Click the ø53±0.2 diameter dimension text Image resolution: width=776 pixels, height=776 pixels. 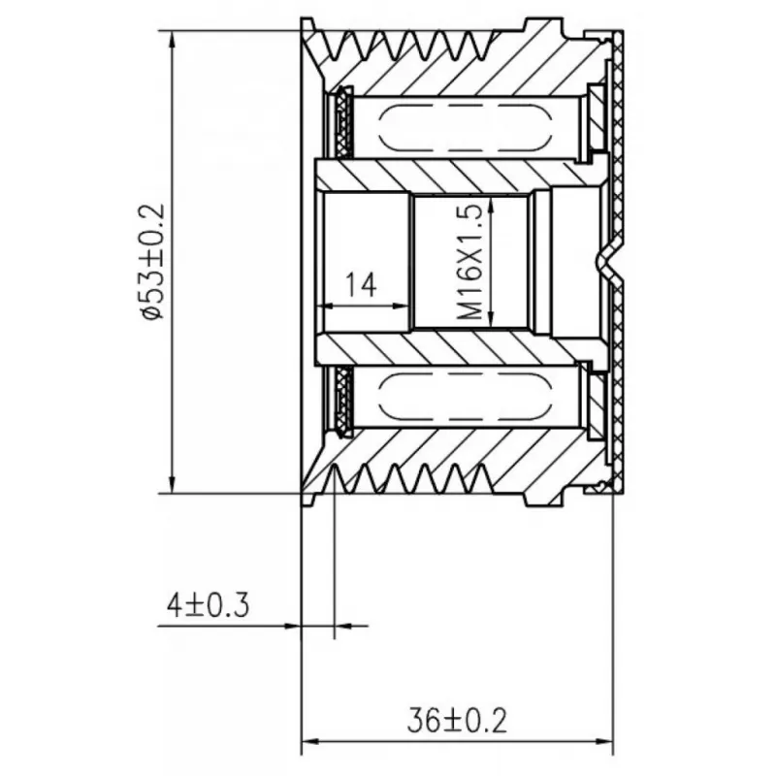pyautogui.click(x=152, y=262)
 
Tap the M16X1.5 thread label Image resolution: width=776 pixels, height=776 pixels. pyautogui.click(x=469, y=262)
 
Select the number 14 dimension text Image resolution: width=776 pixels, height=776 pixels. pyautogui.click(x=361, y=284)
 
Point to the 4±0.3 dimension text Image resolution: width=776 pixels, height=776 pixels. pyautogui.click(x=208, y=605)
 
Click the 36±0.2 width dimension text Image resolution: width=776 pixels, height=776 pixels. pyautogui.click(x=457, y=721)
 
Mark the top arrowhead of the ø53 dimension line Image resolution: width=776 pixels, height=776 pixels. pyautogui.click(x=172, y=40)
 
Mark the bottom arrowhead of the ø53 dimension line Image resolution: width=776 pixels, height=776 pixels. pyautogui.click(x=172, y=484)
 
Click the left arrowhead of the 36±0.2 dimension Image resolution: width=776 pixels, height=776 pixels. pyautogui.click(x=310, y=741)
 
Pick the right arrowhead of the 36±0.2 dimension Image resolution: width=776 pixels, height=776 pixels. pyautogui.click(x=604, y=741)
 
